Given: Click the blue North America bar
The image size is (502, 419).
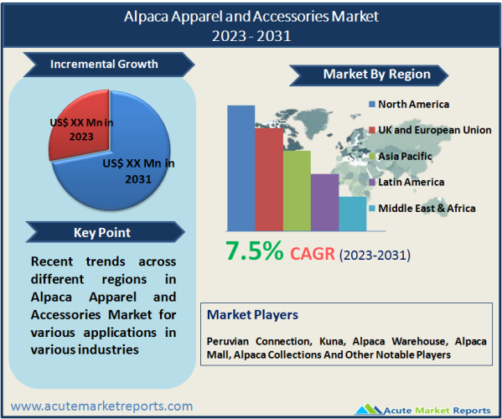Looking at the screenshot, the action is click(241, 168).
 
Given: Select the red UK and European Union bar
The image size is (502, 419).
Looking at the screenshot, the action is click(269, 179).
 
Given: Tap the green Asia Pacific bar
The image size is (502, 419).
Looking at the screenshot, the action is click(297, 191).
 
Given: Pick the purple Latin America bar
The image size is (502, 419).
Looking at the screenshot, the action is click(324, 202).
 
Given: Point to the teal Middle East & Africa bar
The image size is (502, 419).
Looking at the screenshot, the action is click(353, 214).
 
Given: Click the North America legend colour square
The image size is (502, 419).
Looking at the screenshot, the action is click(372, 104).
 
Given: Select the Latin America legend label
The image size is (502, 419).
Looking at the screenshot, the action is click(411, 182).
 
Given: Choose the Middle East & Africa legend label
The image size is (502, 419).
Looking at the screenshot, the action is click(427, 209).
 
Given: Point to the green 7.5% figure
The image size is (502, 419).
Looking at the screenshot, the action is click(255, 251).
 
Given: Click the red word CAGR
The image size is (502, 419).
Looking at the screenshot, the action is click(313, 254).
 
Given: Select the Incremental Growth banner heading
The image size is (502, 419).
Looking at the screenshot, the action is click(104, 64).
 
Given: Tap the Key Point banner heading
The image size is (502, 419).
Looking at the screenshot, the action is click(102, 233).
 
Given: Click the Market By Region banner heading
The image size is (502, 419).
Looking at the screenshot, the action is click(377, 75).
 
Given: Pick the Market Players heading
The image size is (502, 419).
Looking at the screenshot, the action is click(252, 315).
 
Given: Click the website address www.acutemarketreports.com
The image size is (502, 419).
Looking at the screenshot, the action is click(101, 406).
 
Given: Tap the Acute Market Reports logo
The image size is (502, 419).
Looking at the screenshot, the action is click(422, 410).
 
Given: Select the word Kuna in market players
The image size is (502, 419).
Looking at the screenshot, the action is click(333, 342).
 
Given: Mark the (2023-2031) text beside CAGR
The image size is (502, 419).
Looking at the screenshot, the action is click(375, 255).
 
